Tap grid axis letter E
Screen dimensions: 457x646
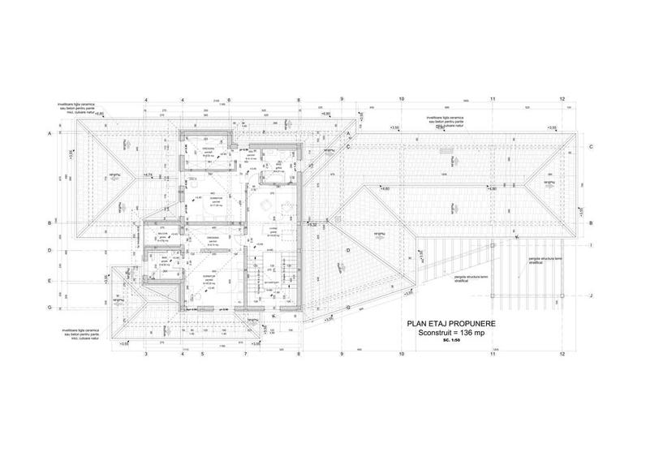point(50,281)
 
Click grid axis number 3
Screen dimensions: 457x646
point(145,355)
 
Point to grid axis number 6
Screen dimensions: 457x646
point(230,101)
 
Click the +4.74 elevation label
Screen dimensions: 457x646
point(148,175)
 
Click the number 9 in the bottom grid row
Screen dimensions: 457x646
point(342,355)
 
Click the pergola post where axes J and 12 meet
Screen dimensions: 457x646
point(562,295)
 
